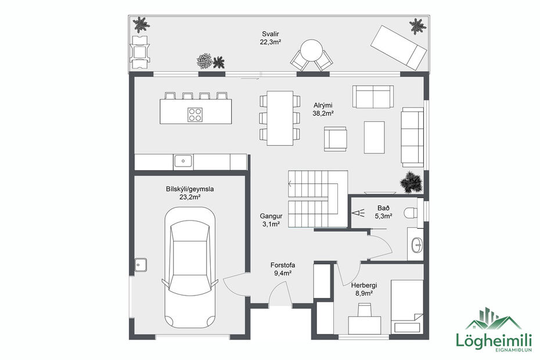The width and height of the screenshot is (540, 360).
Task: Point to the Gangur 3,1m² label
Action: pyautogui.click(x=270, y=219)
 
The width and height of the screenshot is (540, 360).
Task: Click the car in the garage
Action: pyautogui.click(x=189, y=268)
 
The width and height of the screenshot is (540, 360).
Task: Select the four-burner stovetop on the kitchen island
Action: pyautogui.click(x=195, y=114)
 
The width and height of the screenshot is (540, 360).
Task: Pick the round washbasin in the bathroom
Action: pyautogui.click(x=417, y=246)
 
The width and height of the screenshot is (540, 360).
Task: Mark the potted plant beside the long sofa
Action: pyautogui.click(x=412, y=181)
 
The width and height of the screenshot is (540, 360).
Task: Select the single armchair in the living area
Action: pyautogui.click(x=336, y=139)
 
